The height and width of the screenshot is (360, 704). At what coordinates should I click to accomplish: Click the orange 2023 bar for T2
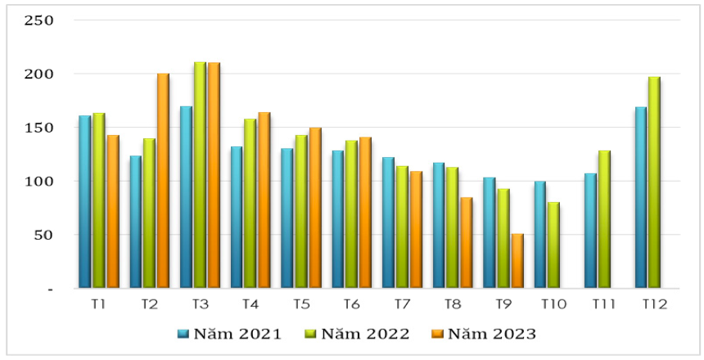click(x=163, y=181)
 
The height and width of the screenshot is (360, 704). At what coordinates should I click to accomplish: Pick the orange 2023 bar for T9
click(x=517, y=261)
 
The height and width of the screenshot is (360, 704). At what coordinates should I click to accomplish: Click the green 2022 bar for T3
click(x=200, y=175)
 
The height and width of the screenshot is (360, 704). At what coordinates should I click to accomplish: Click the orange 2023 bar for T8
click(x=467, y=243)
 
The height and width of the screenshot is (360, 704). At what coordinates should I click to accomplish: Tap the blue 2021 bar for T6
click(x=338, y=219)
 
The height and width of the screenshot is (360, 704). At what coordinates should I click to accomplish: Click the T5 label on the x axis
click(x=301, y=304)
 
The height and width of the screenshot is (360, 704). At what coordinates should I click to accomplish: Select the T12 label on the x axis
click(x=654, y=304)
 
